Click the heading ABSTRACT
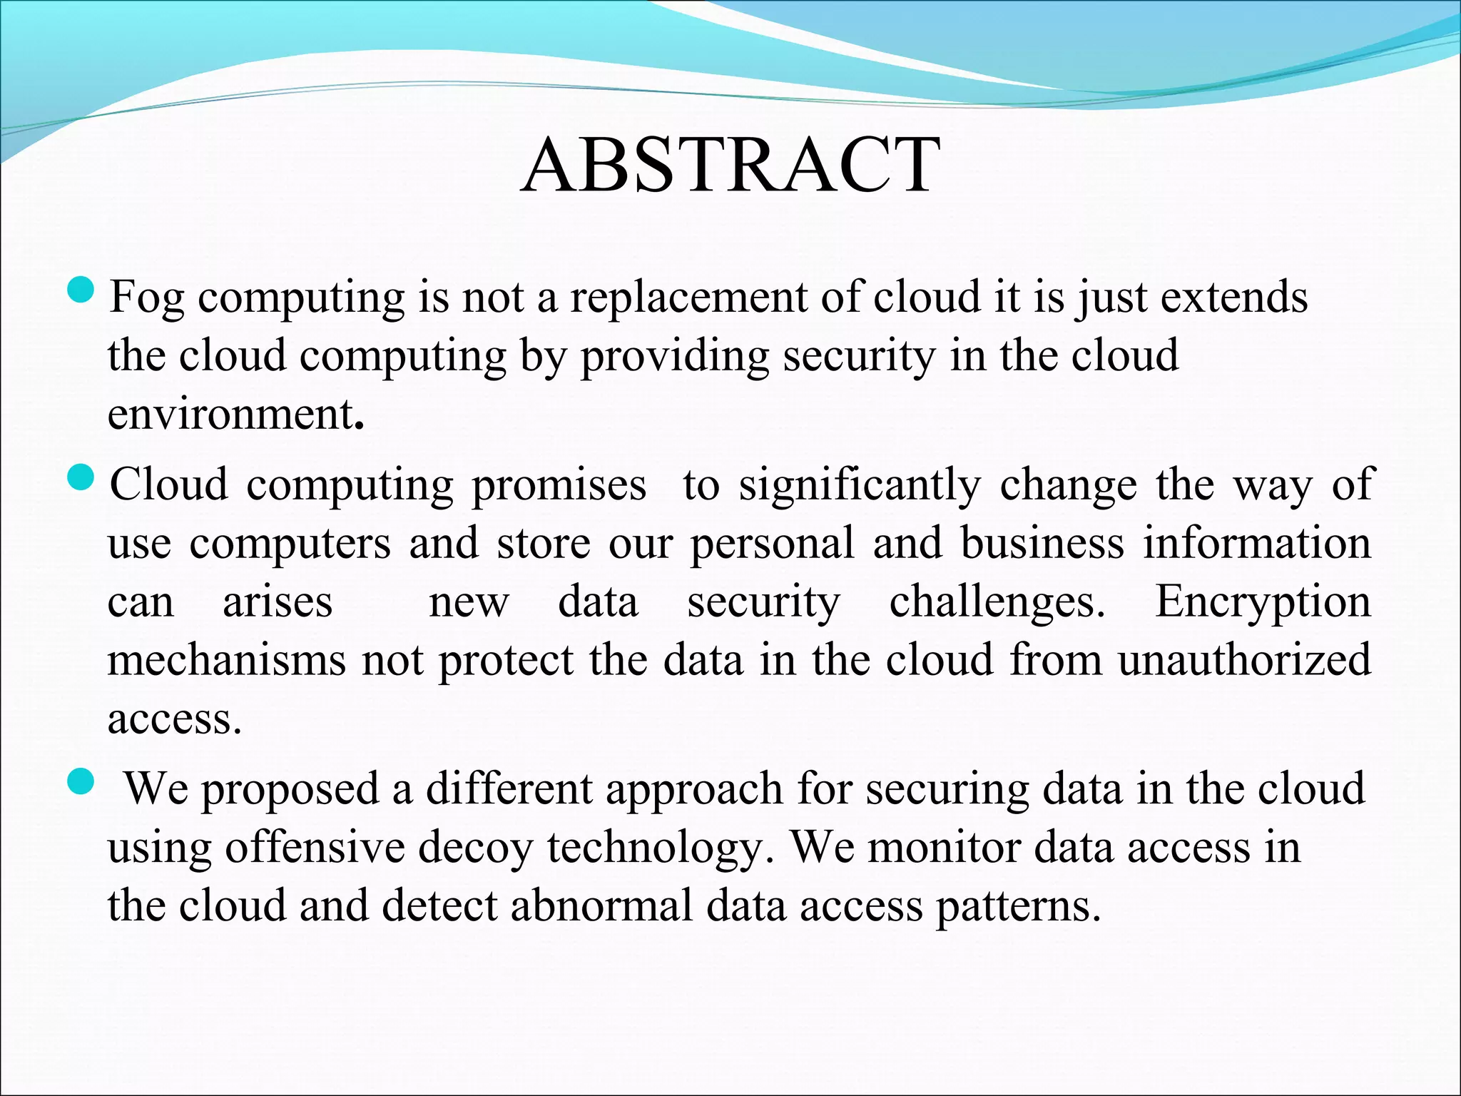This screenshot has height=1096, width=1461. click(730, 166)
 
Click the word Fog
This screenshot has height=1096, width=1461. click(146, 298)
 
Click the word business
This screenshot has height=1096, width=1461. click(1042, 544)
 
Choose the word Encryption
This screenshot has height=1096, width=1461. click(1263, 602)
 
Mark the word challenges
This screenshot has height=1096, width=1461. click(997, 602)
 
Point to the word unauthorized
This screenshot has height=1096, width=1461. click(1244, 659)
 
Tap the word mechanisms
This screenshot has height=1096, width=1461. click(227, 659)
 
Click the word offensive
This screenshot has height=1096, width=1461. click(315, 848)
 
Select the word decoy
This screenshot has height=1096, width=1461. click(475, 849)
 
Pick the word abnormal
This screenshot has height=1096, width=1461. click(601, 906)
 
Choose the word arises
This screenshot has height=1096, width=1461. click(278, 602)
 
